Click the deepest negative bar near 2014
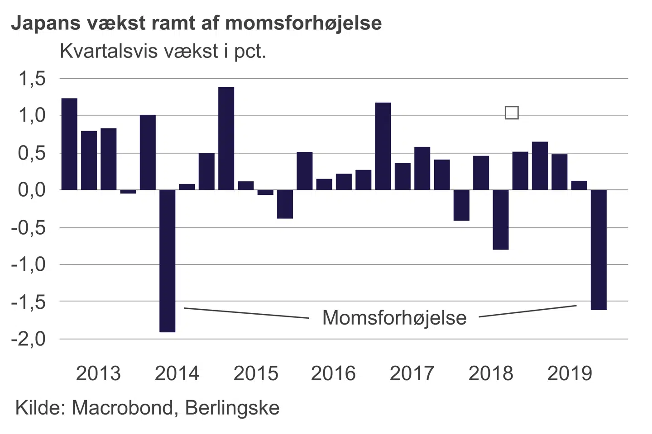[x=168, y=261]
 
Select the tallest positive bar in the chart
[x=226, y=138]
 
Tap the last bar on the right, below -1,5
[x=599, y=250]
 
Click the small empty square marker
[x=512, y=113]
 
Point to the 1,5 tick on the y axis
[x=32, y=79]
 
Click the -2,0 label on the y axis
[x=29, y=339]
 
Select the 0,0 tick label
[x=32, y=190]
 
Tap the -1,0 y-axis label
[x=29, y=264]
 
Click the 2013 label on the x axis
[x=98, y=373]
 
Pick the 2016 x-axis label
[x=333, y=373]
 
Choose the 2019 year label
[x=570, y=373]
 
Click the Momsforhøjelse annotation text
[x=394, y=318]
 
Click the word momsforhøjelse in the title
[x=303, y=23]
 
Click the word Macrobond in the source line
[x=122, y=408]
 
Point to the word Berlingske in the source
[x=232, y=408]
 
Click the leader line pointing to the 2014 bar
[x=246, y=313]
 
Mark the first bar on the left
[x=69, y=144]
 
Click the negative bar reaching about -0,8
[x=500, y=220]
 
